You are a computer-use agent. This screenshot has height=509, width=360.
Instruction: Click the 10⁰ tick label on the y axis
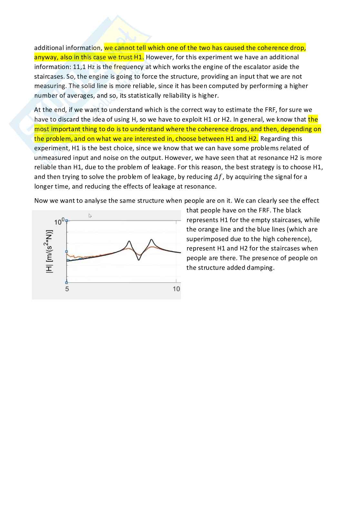pos(59,222)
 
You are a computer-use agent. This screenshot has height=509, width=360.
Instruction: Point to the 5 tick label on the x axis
pos(67,289)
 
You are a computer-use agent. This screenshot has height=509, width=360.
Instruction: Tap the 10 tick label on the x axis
pos(176,289)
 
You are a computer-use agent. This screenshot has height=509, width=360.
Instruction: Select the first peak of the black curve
pos(129,241)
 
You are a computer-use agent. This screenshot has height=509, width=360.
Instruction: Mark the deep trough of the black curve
pos(139,259)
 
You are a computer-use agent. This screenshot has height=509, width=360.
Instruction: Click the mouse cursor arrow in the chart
pos(90,216)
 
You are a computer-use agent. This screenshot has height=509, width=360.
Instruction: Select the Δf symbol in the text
pos(218,177)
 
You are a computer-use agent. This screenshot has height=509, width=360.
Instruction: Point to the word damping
pos(260,268)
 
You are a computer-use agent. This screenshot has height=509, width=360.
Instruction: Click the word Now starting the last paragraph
pos(41,201)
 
